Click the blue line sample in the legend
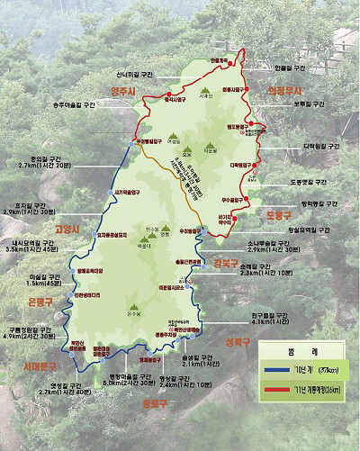click(274, 368)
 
